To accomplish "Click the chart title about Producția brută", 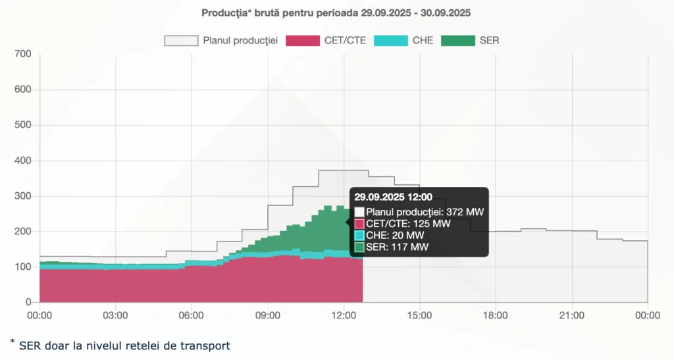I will point(336,13).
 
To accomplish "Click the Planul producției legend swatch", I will point(181,40).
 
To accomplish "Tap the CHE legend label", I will point(423,40).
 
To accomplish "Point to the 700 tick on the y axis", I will point(23,54).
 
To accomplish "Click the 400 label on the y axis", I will point(23,161).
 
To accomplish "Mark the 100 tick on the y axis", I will point(23,267).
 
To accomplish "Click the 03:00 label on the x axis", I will point(116,315).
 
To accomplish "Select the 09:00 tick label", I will point(268,315).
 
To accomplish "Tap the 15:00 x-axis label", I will point(420,315).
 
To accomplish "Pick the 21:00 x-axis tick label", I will point(572,315).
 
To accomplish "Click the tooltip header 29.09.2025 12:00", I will point(393,197).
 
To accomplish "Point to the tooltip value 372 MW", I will point(465,211).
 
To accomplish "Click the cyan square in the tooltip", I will point(359,235).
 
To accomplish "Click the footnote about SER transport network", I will point(124,345).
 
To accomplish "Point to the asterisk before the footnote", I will point(13,342).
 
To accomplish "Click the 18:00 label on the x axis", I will point(496,315).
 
